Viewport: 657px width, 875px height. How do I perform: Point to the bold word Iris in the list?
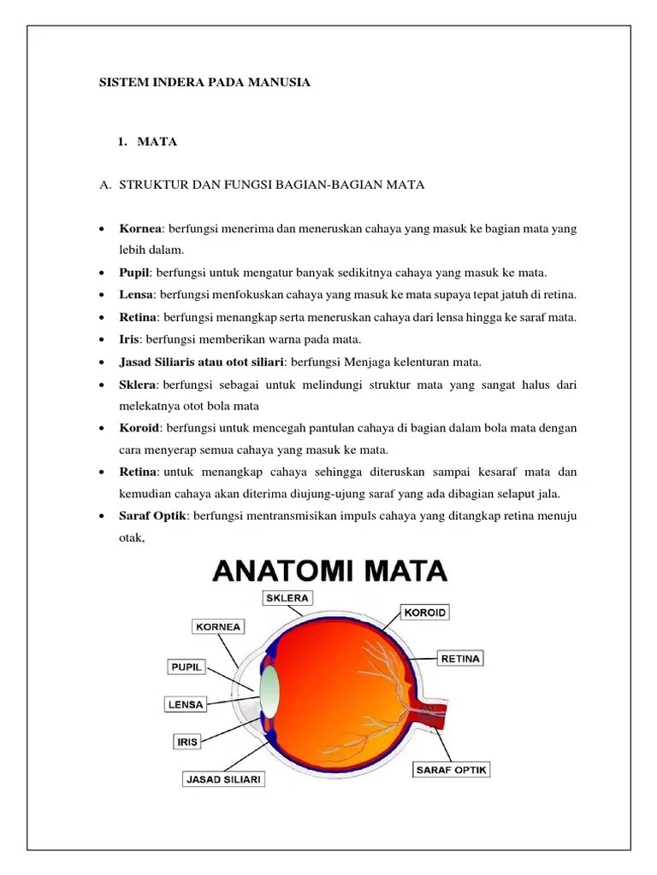129,339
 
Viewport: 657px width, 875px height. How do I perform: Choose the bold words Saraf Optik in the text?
154,516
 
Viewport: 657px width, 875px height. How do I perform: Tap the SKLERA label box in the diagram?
287,598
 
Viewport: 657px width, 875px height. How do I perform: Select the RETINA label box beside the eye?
461,659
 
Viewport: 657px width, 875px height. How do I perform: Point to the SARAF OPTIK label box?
451,770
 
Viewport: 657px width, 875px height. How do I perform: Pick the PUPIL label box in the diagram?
186,667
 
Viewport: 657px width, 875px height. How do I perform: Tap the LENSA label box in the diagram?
185,705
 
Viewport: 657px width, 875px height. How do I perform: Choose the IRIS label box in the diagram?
187,742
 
